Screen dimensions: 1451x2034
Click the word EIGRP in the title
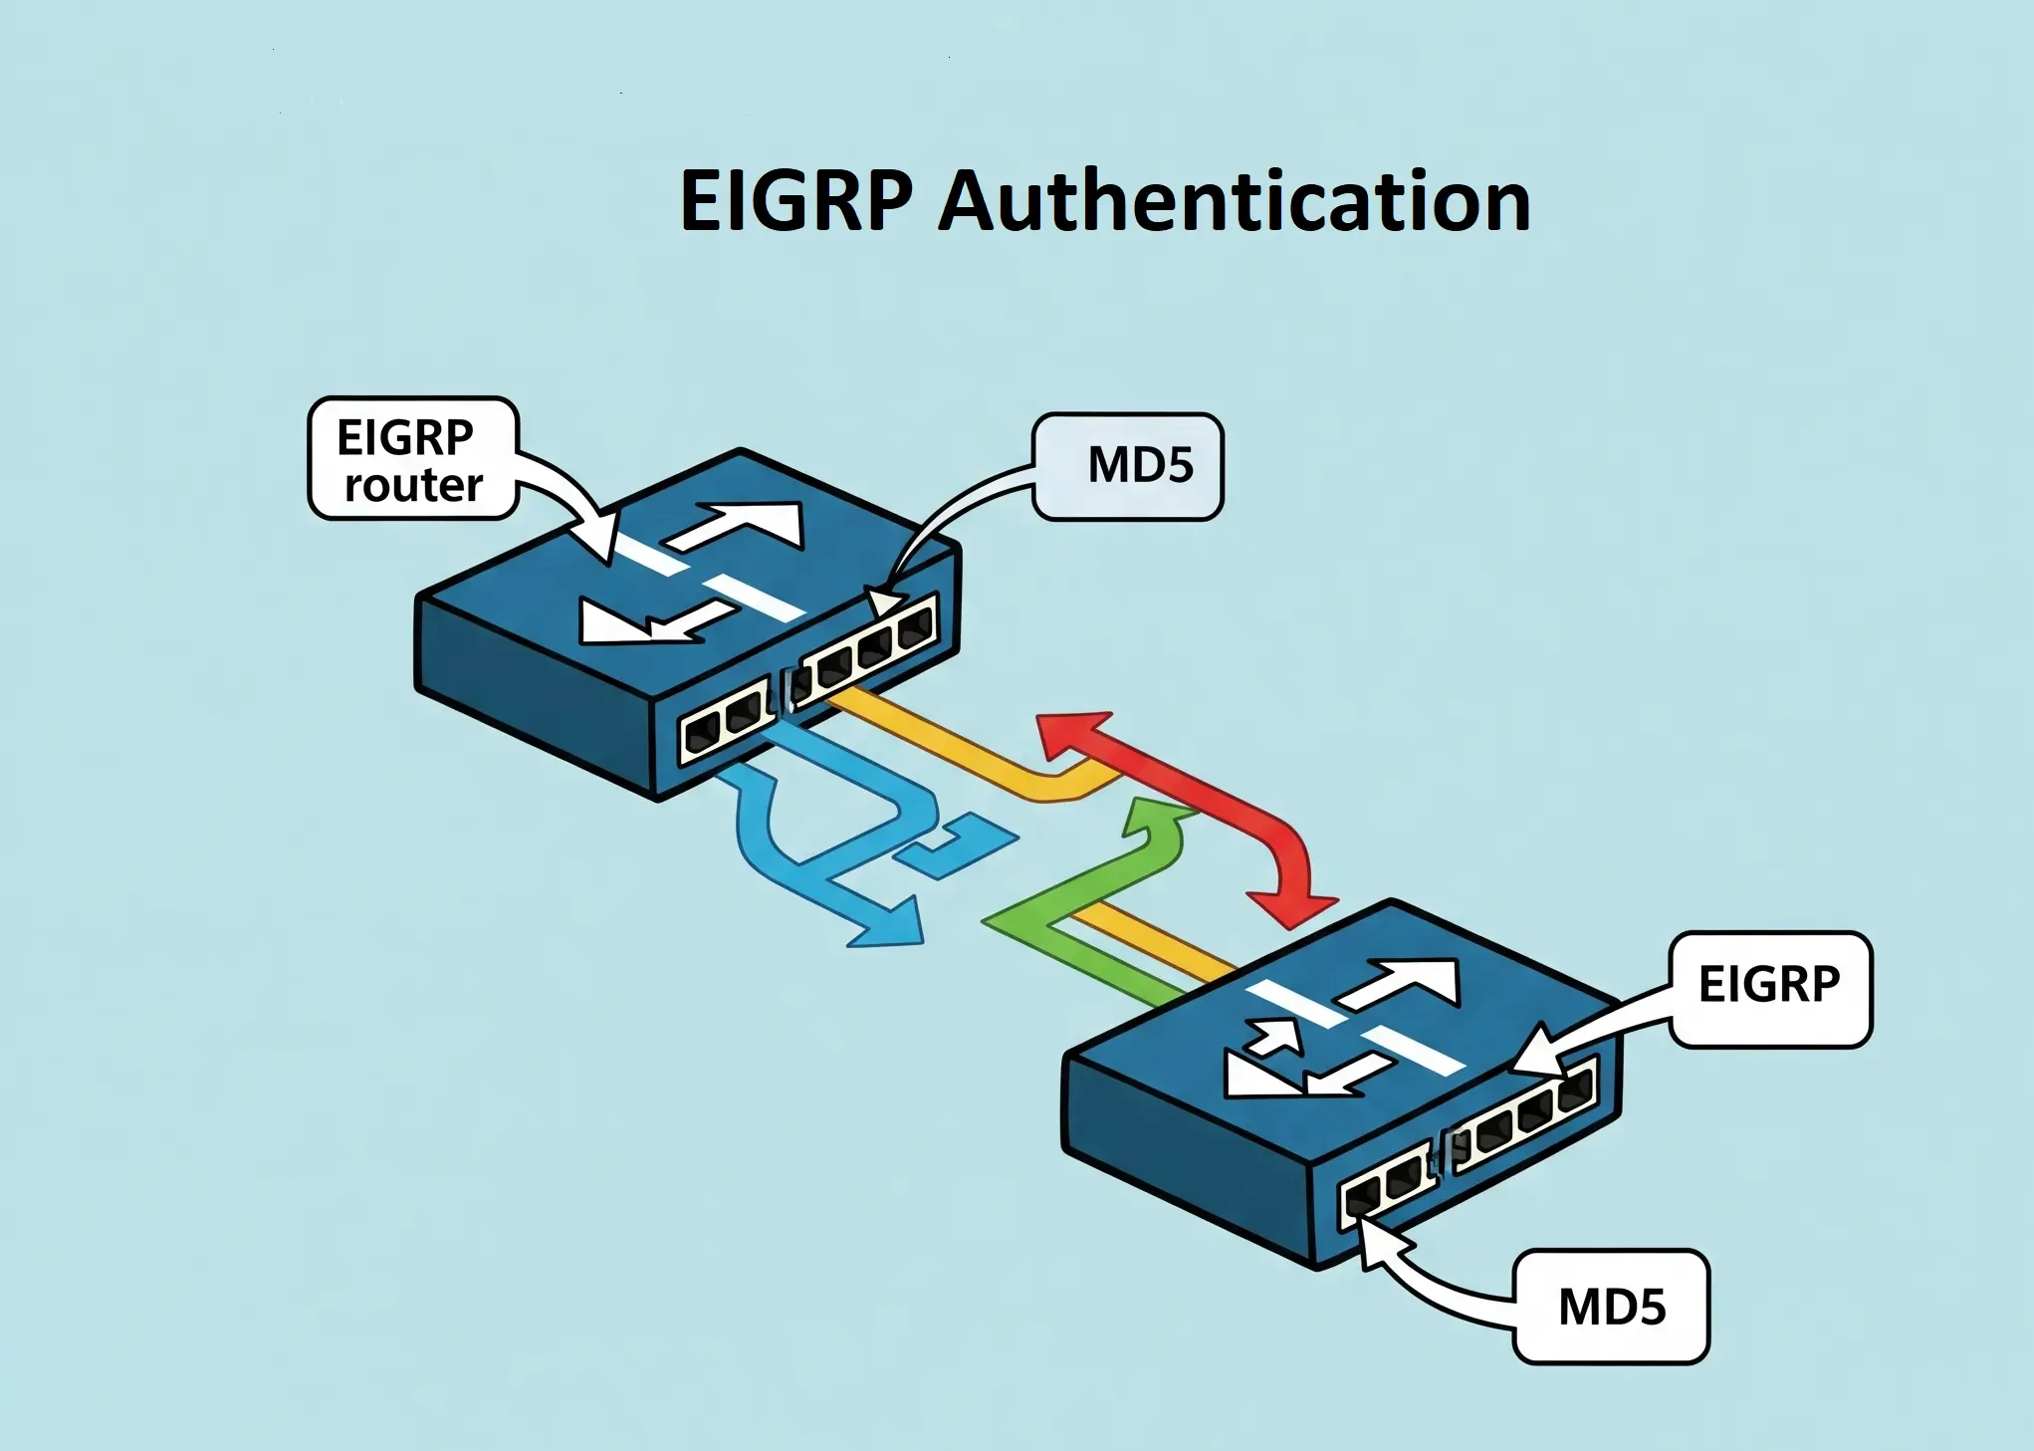point(794,201)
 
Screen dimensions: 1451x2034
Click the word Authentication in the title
point(1234,201)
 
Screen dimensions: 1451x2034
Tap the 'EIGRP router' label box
point(412,459)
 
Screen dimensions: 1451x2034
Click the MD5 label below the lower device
point(1610,1307)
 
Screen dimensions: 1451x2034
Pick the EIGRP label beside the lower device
point(1769,986)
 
